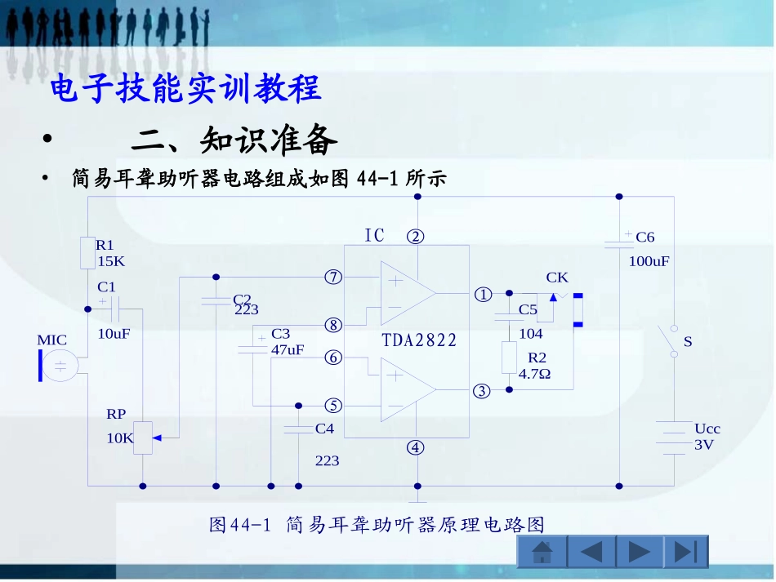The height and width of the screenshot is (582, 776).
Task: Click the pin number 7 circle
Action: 332,277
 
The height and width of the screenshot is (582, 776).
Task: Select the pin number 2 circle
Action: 417,237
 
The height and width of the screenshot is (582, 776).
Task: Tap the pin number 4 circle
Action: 417,447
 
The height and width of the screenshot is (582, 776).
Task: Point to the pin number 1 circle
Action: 483,293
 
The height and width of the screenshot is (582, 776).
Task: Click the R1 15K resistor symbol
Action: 88,252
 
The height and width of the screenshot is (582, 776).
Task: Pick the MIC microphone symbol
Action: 58,365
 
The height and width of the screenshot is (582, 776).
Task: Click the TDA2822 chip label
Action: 420,340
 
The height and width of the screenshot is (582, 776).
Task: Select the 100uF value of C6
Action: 649,262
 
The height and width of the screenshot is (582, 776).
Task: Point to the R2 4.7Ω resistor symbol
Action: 509,358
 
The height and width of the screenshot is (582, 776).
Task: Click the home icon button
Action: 542,553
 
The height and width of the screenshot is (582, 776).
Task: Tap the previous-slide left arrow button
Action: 591,553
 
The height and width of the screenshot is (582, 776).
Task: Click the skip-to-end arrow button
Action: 685,553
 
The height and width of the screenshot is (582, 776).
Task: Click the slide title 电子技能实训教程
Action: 186,88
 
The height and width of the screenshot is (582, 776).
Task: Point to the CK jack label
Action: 557,278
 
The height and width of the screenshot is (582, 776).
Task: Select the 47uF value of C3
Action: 288,349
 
